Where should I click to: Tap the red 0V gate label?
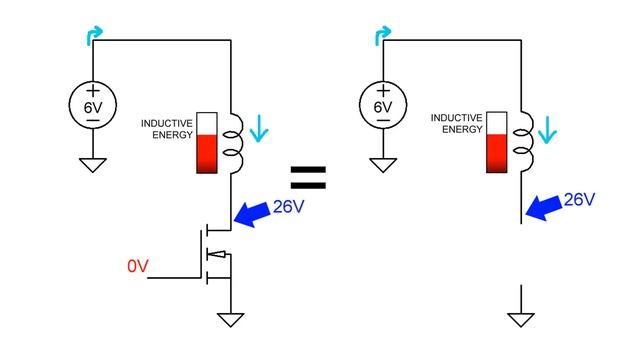pyautogui.click(x=139, y=266)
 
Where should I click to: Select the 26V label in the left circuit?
pyautogui.click(x=289, y=207)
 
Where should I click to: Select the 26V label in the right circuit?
pyautogui.click(x=580, y=200)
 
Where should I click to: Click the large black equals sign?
pyautogui.click(x=309, y=179)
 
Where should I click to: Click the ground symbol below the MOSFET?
pyautogui.click(x=231, y=319)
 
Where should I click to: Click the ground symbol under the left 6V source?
pyautogui.click(x=92, y=164)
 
